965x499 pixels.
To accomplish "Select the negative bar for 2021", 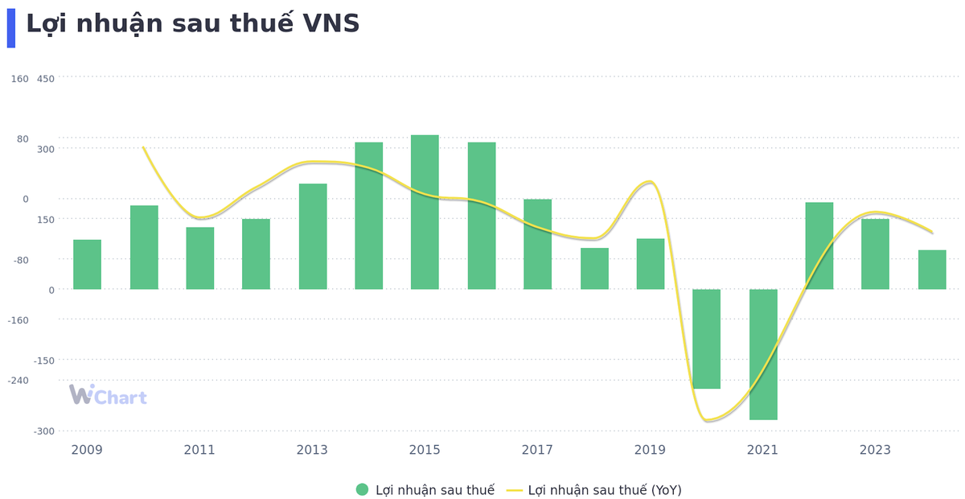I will (763, 354).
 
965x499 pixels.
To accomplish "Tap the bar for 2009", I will (87, 264).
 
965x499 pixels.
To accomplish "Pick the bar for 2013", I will (313, 236).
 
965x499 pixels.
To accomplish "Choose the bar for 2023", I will (875, 254).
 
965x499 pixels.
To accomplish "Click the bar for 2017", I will (537, 244).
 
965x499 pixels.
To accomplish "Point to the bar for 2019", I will (651, 263).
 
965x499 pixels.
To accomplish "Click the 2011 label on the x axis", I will (199, 450).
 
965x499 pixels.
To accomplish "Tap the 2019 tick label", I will (650, 450).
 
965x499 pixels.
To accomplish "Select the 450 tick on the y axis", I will (46, 79).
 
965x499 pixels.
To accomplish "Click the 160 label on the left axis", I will (19, 79).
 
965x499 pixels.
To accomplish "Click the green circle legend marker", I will (362, 489).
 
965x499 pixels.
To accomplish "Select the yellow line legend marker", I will (515, 489).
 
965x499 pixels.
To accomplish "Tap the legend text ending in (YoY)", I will (605, 489).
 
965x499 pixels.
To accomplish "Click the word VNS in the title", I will (331, 24).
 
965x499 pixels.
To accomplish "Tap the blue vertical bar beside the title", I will (11, 28).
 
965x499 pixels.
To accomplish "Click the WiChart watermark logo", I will (108, 395).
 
